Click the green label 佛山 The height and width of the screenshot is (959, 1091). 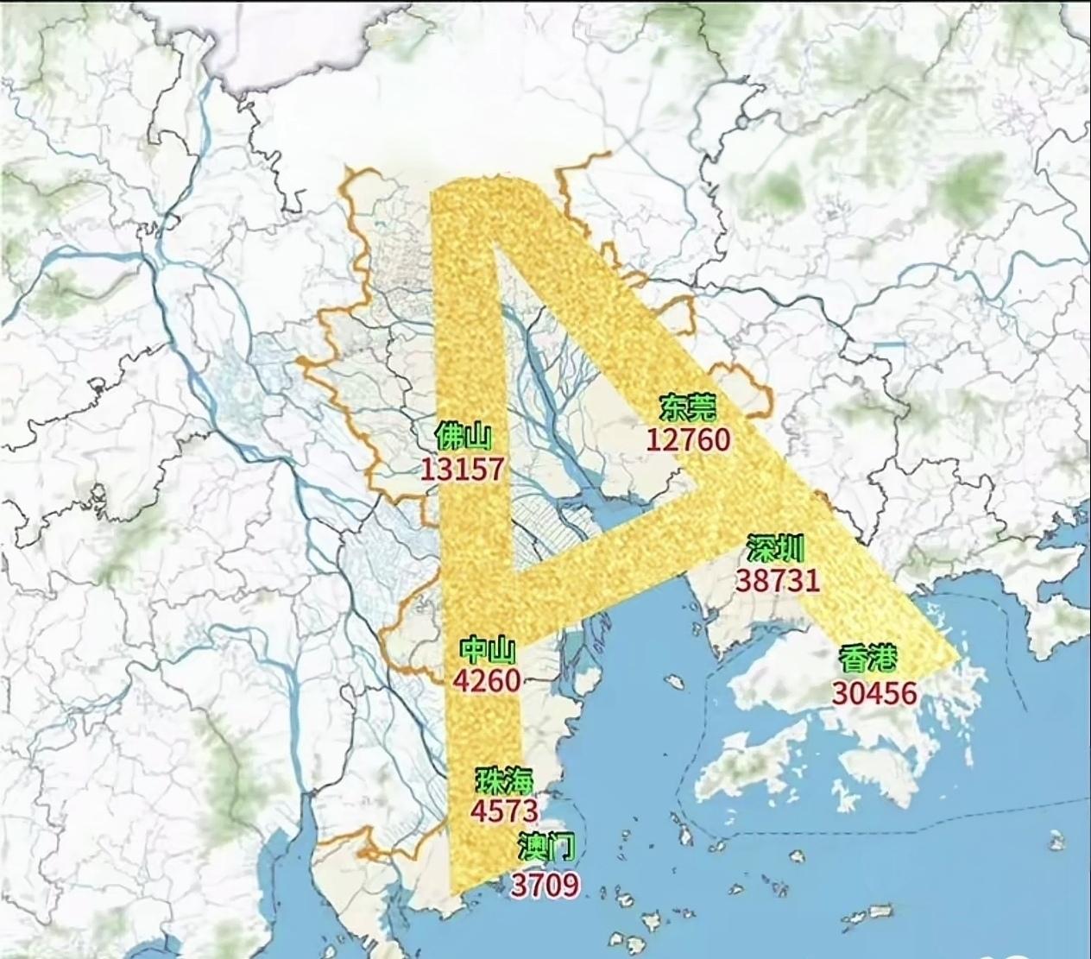tap(464, 435)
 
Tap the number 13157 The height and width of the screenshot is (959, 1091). tap(462, 469)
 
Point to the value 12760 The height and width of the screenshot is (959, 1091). tap(688, 439)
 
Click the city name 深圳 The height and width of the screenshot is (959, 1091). tap(776, 548)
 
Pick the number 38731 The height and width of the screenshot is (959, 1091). tap(777, 579)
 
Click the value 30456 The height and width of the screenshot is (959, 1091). tap(874, 691)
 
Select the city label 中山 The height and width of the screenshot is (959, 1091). tap(487, 648)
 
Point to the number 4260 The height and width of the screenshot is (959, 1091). tap(487, 680)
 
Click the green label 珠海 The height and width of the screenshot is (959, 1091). tap(505, 779)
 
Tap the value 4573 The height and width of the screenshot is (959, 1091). tap(505, 811)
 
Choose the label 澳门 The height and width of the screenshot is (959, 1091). tap(545, 847)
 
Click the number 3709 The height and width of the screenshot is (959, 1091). tap(545, 883)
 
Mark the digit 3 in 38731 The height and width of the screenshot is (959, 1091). tap(745, 579)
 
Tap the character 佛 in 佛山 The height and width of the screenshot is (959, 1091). tap(449, 435)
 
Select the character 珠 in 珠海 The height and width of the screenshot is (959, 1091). tap(490, 779)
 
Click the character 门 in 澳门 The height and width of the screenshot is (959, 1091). tap(560, 847)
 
